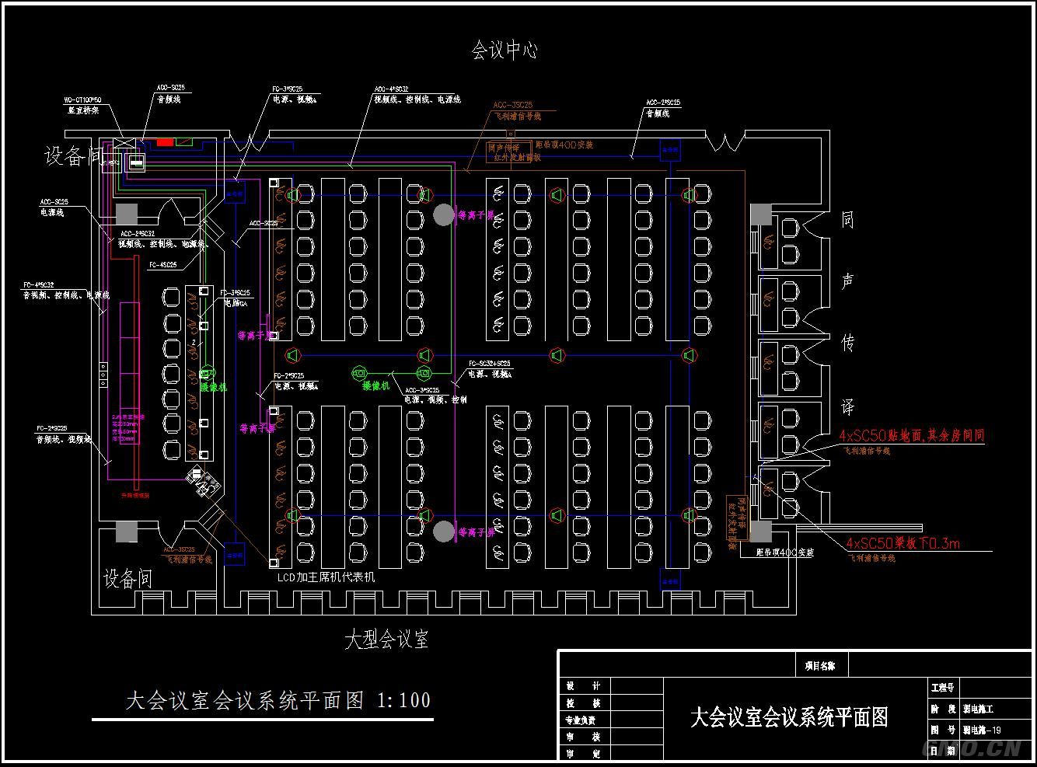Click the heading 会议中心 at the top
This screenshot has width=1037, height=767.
pyautogui.click(x=505, y=51)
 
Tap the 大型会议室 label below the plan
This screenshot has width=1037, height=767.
pyautogui.click(x=386, y=640)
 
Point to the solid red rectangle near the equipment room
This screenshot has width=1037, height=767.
pyautogui.click(x=165, y=142)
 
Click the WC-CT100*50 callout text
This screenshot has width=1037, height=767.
pyautogui.click(x=82, y=100)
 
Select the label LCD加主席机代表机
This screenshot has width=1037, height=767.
pyautogui.click(x=326, y=577)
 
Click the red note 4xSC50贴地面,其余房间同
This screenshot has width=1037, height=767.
pyautogui.click(x=911, y=435)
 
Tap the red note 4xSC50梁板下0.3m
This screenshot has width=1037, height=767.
pyautogui.click(x=903, y=543)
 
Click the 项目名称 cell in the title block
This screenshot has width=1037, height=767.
pyautogui.click(x=819, y=665)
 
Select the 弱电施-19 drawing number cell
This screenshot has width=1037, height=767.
pyautogui.click(x=982, y=730)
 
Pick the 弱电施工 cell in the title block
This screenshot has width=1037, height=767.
pyautogui.click(x=978, y=709)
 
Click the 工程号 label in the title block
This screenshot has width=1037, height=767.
pyautogui.click(x=942, y=688)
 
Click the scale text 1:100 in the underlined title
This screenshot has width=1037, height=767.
pyautogui.click(x=403, y=700)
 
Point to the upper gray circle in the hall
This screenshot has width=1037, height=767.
pyautogui.click(x=443, y=215)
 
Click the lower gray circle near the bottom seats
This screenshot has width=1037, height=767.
pyautogui.click(x=443, y=532)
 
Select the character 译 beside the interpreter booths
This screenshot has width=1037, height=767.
pyautogui.click(x=847, y=407)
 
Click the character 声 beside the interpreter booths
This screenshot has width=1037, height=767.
pyautogui.click(x=847, y=281)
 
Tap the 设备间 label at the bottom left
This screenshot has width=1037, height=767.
pyautogui.click(x=127, y=579)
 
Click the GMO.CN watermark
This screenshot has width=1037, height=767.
pyautogui.click(x=971, y=748)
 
